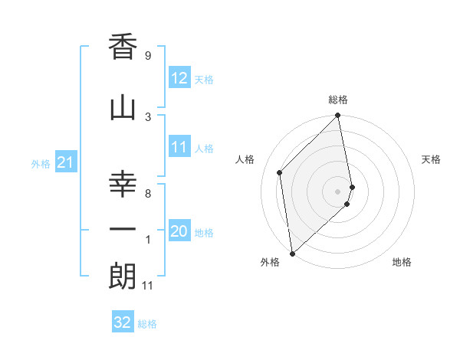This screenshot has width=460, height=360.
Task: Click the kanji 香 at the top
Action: (x=123, y=48)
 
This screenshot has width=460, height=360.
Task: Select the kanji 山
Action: (x=123, y=108)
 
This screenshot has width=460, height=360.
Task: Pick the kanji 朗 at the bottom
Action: (x=123, y=277)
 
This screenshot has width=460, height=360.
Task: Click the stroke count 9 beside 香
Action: (x=147, y=55)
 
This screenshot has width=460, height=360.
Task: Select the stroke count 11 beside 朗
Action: (x=149, y=285)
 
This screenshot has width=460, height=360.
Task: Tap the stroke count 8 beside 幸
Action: (x=148, y=194)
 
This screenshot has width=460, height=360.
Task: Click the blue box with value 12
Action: (x=179, y=78)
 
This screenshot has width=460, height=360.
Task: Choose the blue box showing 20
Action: (x=179, y=231)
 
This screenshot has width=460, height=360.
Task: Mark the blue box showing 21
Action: (x=66, y=162)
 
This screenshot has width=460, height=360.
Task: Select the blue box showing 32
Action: (x=123, y=322)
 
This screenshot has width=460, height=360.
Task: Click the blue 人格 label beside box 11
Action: (x=204, y=149)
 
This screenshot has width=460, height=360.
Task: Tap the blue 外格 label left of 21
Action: (x=41, y=163)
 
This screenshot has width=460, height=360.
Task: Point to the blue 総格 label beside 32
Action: (x=147, y=324)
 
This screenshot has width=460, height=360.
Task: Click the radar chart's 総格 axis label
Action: (x=338, y=100)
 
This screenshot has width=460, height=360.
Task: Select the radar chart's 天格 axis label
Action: (x=432, y=159)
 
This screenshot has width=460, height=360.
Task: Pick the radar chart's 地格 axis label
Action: (x=402, y=262)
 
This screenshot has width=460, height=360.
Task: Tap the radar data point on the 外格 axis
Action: (x=291, y=254)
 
